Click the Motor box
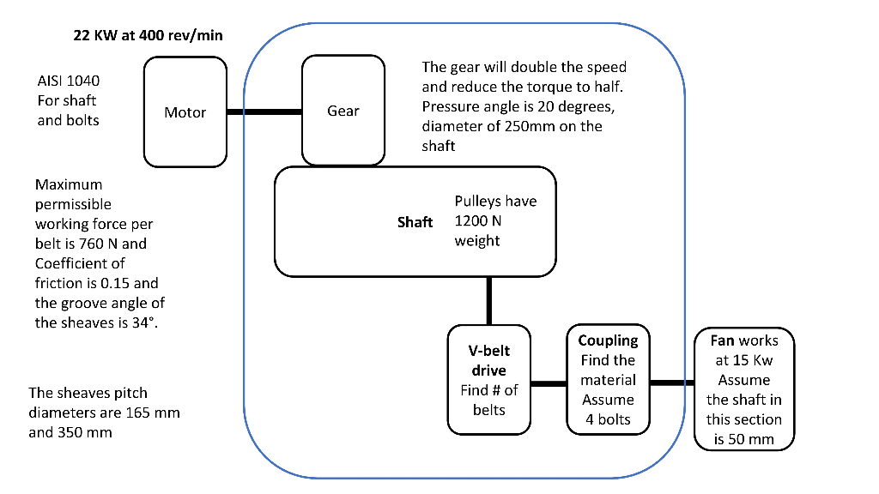185,112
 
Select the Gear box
343,111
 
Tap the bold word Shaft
415,222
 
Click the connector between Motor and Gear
265,111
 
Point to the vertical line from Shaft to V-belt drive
489,300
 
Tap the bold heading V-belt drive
488,360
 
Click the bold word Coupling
608,340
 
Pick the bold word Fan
723,340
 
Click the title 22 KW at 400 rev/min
149,36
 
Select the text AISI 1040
68,81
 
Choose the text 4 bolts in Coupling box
608,419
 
